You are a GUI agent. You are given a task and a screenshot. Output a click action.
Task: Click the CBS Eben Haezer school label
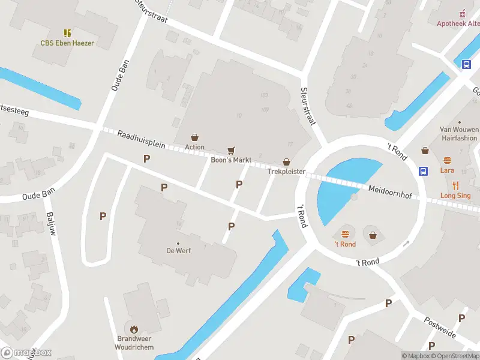coord(67,43)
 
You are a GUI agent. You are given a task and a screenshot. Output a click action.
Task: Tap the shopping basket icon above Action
coord(194,137)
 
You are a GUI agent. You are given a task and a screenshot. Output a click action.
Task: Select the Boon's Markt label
coord(231,160)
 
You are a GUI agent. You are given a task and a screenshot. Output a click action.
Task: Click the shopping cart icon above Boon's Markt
coord(231,150)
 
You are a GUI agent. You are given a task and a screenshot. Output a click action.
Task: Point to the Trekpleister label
coord(287,172)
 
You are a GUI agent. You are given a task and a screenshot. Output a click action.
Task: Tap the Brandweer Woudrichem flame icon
coord(134,329)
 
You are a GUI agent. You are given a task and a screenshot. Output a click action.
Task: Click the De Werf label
coord(178,251)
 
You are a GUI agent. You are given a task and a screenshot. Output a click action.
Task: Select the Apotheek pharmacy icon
coord(461,13)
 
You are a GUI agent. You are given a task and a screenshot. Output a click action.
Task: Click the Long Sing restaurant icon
coord(455,185)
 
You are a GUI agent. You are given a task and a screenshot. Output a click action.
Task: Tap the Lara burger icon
coord(447,160)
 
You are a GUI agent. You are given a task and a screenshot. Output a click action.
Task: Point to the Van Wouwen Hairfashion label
coord(459,133)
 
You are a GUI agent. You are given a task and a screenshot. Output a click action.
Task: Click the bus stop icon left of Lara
coord(424,171)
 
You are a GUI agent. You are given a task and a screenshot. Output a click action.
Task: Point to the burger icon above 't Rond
coord(345,234)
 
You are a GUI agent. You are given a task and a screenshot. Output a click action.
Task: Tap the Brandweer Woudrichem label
coord(134,343)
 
